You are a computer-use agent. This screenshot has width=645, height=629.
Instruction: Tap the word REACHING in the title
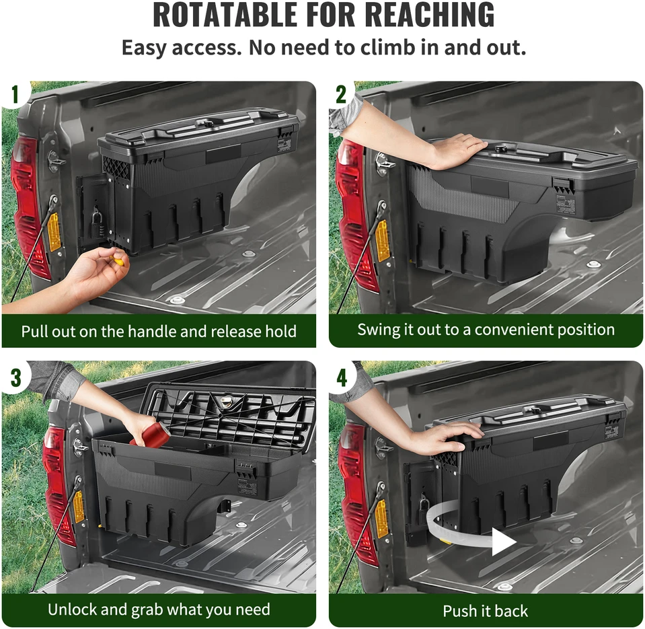click(430, 15)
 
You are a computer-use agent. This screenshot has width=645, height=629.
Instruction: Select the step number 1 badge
click(15, 94)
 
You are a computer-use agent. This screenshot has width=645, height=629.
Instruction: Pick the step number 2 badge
click(342, 94)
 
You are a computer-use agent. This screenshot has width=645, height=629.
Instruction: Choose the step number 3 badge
click(15, 377)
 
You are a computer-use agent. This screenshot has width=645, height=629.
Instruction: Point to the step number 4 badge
click(342, 377)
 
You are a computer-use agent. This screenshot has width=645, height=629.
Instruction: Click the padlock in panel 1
click(96, 223)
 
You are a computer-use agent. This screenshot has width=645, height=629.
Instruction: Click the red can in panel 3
click(150, 436)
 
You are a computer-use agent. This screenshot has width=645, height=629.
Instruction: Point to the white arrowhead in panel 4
click(504, 542)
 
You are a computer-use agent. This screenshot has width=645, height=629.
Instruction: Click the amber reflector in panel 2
click(382, 241)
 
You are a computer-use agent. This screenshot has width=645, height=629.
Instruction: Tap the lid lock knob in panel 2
click(500, 147)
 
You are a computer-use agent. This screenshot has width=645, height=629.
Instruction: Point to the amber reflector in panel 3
click(78, 507)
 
